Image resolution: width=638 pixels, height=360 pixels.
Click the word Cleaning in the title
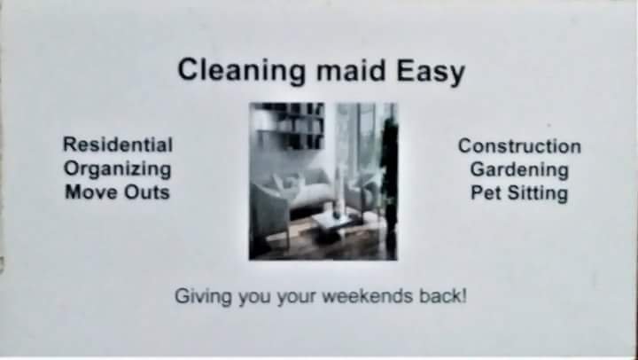(x=241, y=71)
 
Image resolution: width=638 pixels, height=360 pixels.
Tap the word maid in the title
(x=351, y=70)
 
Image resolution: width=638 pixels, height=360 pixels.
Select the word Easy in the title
(x=431, y=72)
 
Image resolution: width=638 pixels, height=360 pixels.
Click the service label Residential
(x=118, y=145)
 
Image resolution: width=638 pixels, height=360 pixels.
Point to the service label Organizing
(x=118, y=169)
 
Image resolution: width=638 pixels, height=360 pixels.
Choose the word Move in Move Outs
(x=91, y=192)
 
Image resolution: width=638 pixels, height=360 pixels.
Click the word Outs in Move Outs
(x=147, y=192)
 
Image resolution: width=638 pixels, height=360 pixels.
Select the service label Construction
(x=519, y=146)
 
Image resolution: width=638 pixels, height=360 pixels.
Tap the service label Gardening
(x=519, y=170)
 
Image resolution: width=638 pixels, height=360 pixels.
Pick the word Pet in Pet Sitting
(x=486, y=193)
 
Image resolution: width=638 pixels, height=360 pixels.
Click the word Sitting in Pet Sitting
(x=538, y=194)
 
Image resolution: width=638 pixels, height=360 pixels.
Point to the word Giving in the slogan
(x=204, y=296)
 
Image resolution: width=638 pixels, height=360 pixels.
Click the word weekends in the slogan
(x=368, y=296)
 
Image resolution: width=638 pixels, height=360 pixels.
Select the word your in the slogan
(x=297, y=297)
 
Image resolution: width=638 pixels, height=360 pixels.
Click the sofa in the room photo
(x=305, y=187)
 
